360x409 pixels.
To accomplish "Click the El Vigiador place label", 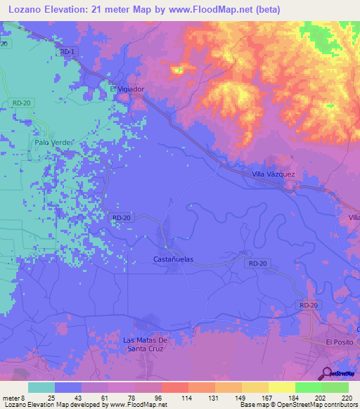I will (127, 89).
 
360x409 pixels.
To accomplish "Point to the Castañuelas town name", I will (173, 259).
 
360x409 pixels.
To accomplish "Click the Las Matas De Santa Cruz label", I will (143, 344).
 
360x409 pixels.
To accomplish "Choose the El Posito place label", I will (337, 341).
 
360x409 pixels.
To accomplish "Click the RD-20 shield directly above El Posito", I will (309, 305).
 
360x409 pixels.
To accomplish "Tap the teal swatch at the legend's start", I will (41, 387).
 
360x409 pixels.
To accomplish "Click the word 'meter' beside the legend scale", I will (12, 398).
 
